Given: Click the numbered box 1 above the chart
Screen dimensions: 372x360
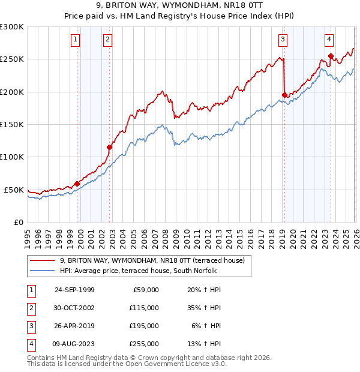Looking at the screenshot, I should (x=76, y=40).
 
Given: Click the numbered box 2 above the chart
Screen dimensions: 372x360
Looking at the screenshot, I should (x=107, y=40).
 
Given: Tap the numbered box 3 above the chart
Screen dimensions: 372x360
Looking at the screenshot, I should (x=283, y=40).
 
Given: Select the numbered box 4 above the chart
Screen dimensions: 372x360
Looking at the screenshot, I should (x=329, y=40).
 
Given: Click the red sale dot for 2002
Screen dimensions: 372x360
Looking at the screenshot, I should (x=110, y=147).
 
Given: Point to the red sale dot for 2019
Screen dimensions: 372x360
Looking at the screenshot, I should (x=284, y=95).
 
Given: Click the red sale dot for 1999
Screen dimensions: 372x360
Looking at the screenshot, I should (x=77, y=184).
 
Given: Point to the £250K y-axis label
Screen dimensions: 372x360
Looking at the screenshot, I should (x=12, y=59).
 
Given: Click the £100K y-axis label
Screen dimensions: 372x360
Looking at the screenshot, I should (x=12, y=157).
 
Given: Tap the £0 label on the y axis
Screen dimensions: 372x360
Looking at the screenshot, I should (x=18, y=222).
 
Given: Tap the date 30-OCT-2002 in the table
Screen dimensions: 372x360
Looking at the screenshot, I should (x=74, y=307).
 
